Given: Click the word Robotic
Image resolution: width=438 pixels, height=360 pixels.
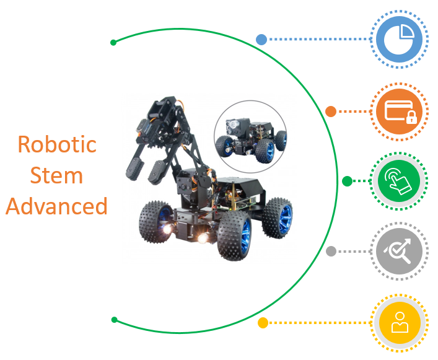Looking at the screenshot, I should click(57, 144).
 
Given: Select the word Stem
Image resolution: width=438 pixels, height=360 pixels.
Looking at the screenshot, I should click(57, 175).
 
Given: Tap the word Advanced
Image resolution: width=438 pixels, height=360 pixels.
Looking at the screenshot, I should click(57, 206).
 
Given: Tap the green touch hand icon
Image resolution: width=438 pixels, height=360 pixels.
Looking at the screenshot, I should click(399, 181).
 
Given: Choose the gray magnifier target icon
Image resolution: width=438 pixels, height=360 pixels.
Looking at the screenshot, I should click(399, 252).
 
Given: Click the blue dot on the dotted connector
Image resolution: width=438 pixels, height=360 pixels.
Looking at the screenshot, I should click(261, 40).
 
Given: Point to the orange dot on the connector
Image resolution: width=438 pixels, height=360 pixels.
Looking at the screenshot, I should click(331, 112).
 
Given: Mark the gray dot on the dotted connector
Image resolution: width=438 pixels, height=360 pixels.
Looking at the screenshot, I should click(331, 251).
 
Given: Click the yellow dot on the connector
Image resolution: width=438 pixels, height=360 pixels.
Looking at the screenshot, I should click(263, 323).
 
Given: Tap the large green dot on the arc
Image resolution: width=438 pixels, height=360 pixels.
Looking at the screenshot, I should click(347, 181).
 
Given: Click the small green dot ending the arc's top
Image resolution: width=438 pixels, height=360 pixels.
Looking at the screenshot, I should click(113, 43).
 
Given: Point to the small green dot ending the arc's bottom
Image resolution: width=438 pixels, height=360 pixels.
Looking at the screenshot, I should click(114, 320).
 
